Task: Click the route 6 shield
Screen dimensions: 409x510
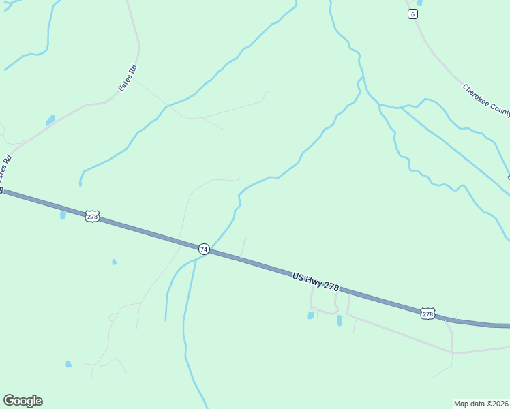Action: click(x=412, y=14)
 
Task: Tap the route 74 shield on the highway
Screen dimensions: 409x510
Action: click(x=204, y=249)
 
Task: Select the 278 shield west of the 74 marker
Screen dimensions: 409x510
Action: click(x=93, y=217)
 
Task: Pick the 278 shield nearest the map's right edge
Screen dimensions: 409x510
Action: click(x=427, y=314)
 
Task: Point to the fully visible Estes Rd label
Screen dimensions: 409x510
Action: click(x=127, y=78)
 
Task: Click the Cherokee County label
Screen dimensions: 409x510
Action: click(x=485, y=101)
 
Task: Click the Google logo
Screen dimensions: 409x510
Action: click(x=22, y=401)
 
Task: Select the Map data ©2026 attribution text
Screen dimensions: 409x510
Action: click(x=481, y=403)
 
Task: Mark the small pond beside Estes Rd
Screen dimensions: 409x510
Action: click(x=50, y=121)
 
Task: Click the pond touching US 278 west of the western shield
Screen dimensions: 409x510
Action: click(x=63, y=215)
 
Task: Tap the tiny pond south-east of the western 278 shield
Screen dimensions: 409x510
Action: click(x=114, y=262)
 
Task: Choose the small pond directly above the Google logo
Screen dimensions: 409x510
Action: click(x=68, y=364)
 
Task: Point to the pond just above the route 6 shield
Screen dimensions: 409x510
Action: click(x=419, y=3)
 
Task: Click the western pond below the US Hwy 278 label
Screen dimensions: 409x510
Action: click(x=311, y=315)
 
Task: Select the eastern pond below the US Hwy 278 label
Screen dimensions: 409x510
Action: click(x=340, y=320)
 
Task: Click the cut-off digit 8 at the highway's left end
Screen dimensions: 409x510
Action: click(x=2, y=191)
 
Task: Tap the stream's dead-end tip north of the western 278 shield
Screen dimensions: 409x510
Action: click(x=80, y=184)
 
